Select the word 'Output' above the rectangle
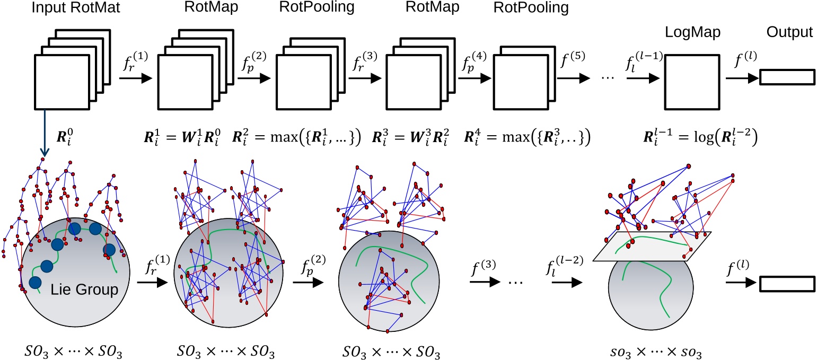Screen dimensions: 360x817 click(789, 33)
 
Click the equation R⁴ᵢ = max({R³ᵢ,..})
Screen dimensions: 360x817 click(527, 139)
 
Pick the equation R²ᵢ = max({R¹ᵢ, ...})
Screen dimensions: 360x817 click(296, 139)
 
